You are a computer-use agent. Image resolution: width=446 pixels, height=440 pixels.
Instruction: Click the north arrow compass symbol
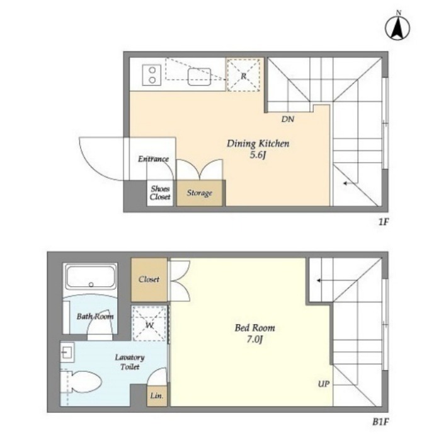(397, 26)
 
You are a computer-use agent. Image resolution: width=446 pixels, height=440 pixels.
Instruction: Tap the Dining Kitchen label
(258, 144)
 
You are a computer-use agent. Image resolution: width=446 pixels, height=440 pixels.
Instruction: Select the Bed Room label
(254, 328)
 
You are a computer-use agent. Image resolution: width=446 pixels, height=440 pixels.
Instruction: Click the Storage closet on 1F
(200, 193)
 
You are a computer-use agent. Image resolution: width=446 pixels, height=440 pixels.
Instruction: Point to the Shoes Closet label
(160, 193)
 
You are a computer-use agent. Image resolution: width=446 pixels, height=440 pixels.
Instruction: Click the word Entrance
(153, 159)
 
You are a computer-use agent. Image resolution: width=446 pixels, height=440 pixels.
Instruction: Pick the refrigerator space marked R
(243, 75)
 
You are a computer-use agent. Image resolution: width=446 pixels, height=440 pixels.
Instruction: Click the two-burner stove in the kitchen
(152, 75)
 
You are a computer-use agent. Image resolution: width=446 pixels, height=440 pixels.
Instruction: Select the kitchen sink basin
(199, 77)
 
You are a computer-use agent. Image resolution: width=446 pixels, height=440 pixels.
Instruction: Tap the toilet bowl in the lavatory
(85, 382)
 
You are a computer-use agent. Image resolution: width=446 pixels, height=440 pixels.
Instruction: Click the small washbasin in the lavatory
(67, 352)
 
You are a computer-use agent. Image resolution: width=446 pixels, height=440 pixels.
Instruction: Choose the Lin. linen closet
(157, 396)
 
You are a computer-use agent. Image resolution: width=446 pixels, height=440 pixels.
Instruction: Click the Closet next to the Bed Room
(149, 279)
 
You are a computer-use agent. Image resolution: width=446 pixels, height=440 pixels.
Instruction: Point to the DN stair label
(287, 119)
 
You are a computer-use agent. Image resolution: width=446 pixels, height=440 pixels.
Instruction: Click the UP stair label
(324, 384)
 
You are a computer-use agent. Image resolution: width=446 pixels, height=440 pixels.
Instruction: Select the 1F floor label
(384, 222)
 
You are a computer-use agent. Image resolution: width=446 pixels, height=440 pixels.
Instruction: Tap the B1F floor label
(380, 422)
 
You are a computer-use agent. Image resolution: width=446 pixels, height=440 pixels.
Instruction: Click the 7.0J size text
(254, 340)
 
